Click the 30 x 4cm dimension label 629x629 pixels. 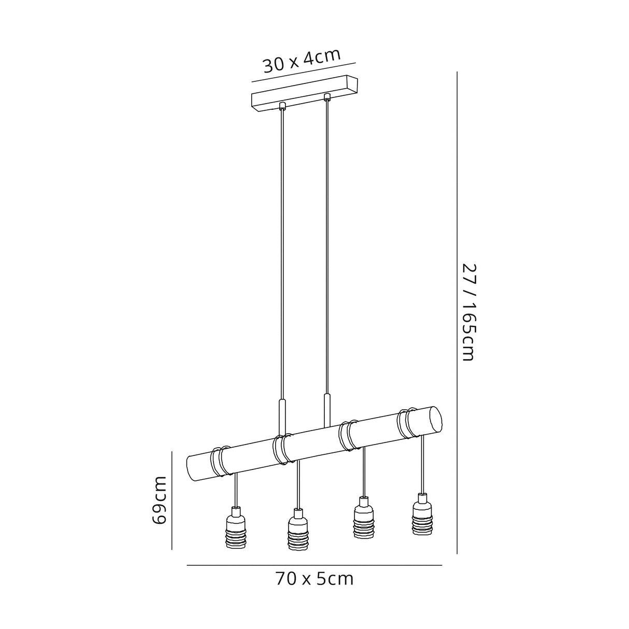302,61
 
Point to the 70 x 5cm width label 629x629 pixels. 314,579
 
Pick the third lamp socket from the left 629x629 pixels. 364,522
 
